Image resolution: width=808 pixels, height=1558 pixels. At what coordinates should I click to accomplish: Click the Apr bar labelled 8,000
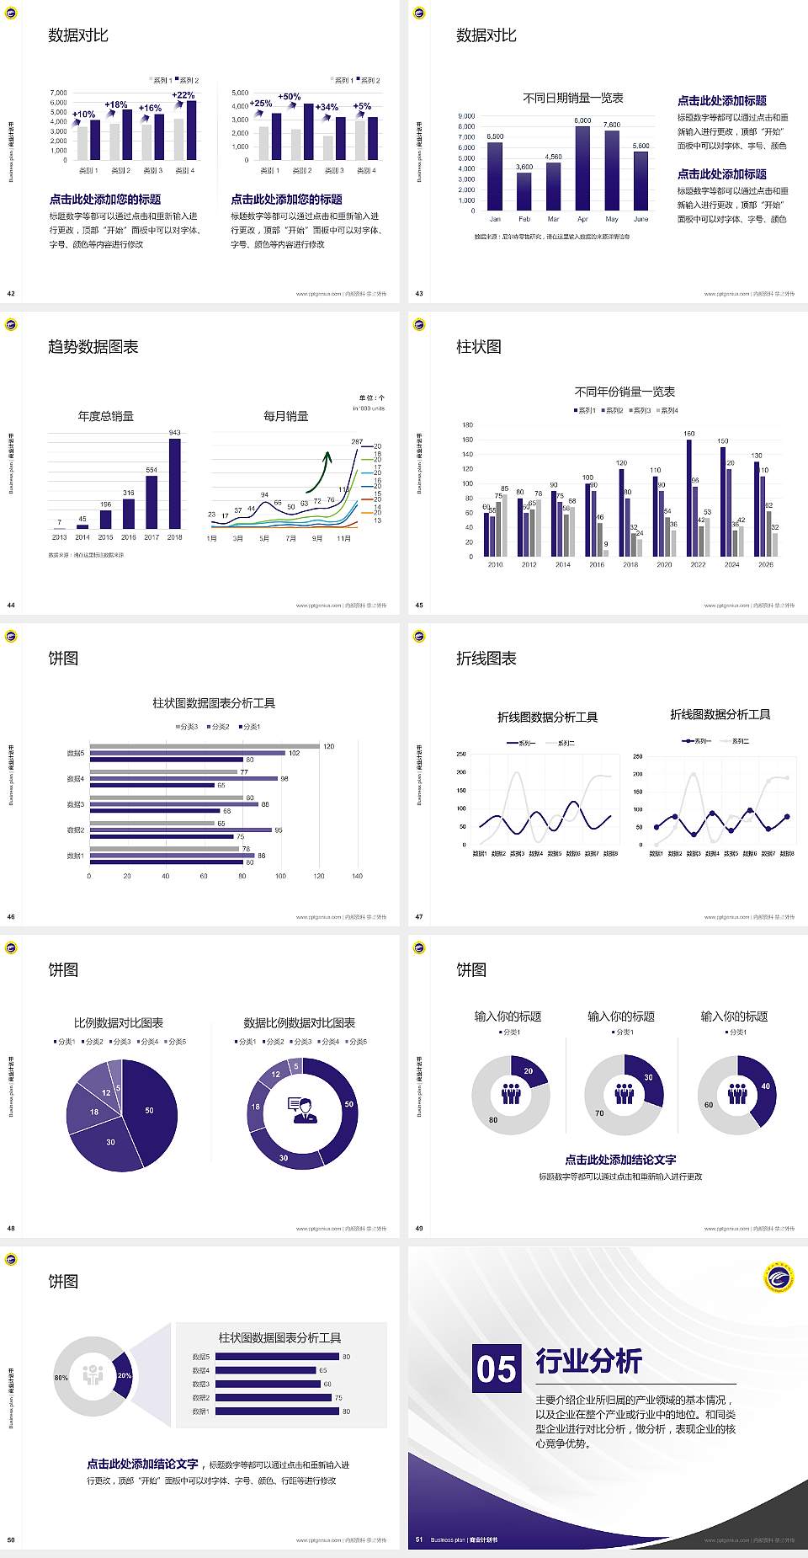582,168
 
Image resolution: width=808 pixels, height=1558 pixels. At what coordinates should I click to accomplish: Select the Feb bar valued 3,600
524,191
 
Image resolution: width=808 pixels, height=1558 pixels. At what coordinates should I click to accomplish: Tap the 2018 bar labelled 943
174,483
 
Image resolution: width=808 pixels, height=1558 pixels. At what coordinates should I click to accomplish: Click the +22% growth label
183,95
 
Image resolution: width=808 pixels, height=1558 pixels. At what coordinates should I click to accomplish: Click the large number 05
497,1369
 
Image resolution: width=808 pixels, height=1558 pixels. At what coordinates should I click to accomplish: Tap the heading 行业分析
589,1361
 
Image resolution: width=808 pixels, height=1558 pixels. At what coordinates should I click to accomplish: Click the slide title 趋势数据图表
93,347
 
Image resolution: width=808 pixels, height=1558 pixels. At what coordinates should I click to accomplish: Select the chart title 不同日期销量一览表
572,99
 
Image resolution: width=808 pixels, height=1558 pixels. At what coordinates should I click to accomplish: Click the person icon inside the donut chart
302,1108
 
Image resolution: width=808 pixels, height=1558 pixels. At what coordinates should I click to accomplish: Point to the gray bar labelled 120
205,746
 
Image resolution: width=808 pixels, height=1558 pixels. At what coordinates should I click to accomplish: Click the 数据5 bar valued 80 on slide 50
277,1357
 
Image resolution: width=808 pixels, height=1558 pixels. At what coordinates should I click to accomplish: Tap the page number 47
419,917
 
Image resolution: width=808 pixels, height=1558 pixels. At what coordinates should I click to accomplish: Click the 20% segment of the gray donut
123,1375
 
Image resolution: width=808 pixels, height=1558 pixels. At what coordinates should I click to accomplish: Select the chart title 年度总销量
106,416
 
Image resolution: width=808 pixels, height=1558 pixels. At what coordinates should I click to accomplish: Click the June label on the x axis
641,219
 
